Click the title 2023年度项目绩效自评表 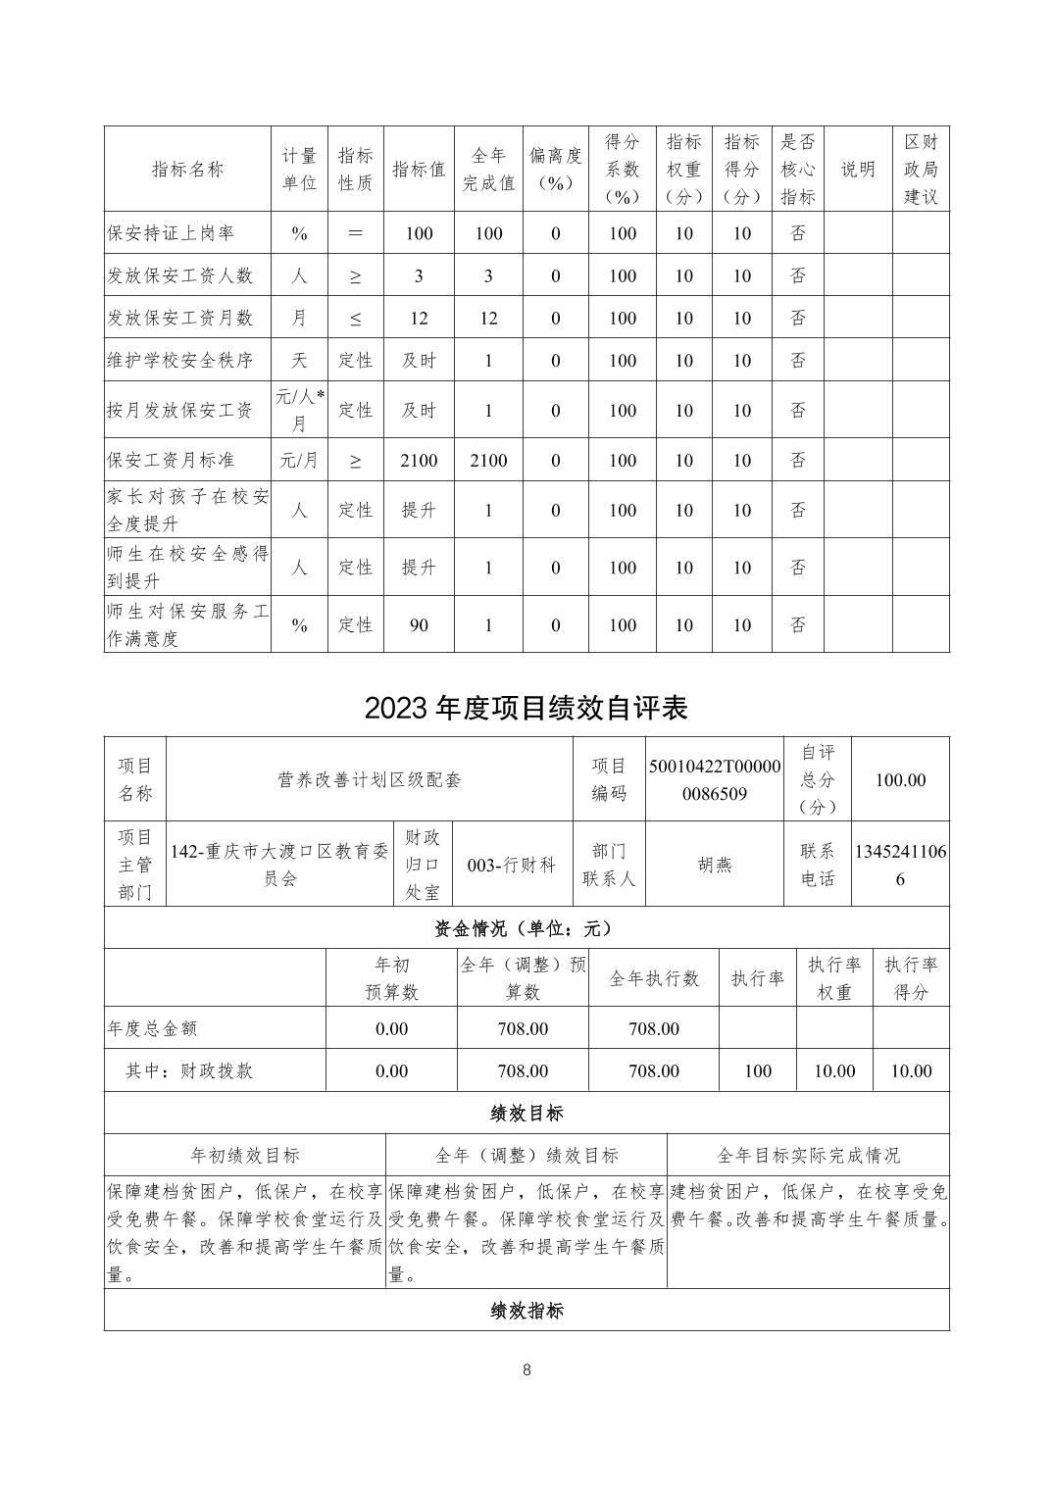tap(526, 708)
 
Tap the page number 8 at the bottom tap(526, 1369)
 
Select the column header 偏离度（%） tap(555, 169)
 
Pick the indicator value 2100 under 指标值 tap(419, 460)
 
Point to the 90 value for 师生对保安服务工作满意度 tap(419, 624)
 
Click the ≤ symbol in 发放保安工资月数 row tap(355, 318)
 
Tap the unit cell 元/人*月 tap(299, 410)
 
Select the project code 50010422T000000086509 tap(714, 780)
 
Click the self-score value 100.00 tap(900, 780)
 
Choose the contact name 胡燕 tap(714, 866)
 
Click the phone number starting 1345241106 tap(900, 866)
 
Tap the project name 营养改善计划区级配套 tap(369, 780)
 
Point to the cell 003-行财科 tap(512, 866)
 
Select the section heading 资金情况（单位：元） tap(526, 928)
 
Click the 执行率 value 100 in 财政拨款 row tap(757, 1070)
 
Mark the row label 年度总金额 tap(153, 1028)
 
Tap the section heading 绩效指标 tap(526, 1311)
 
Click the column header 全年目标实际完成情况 tap(808, 1156)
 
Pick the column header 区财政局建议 tap(921, 169)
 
